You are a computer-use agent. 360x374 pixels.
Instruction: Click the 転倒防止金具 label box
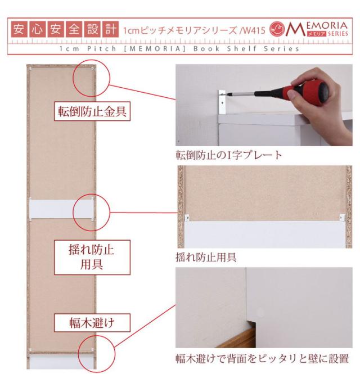pyautogui.click(x=92, y=111)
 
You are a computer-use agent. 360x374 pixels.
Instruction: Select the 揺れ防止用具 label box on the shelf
pyautogui.click(x=92, y=258)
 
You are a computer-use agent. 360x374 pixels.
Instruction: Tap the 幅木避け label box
pyautogui.click(x=92, y=323)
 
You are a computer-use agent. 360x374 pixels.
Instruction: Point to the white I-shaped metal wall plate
pyautogui.click(x=222, y=102)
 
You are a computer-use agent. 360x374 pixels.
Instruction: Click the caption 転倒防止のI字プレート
pyautogui.click(x=229, y=155)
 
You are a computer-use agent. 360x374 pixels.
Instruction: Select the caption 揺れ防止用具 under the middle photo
pyautogui.click(x=206, y=258)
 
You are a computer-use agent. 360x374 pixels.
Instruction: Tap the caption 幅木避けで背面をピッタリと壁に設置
pyautogui.click(x=262, y=358)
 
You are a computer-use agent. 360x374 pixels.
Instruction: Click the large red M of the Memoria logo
pyautogui.click(x=295, y=29)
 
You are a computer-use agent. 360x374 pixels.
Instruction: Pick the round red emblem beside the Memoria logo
pyautogui.click(x=277, y=29)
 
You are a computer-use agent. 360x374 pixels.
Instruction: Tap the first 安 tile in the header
pyautogui.click(x=19, y=29)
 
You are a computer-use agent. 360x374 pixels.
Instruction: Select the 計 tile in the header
pyautogui.click(x=110, y=29)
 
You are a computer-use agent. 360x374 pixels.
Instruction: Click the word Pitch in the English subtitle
pyautogui.click(x=102, y=49)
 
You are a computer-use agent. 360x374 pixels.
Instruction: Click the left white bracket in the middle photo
pyautogui.click(x=187, y=218)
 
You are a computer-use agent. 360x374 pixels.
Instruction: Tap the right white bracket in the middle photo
pyautogui.click(x=342, y=217)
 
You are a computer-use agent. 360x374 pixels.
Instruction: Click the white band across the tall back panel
pyautogui.click(x=61, y=209)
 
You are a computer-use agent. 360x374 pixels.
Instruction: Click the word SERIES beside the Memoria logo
pyautogui.click(x=338, y=34)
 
